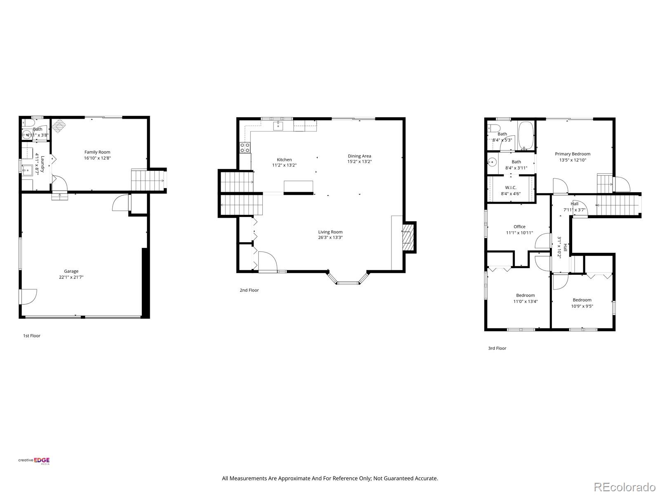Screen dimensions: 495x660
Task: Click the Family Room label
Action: [x=97, y=152]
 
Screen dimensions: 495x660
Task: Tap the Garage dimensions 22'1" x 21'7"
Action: [x=71, y=277]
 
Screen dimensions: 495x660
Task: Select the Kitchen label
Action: [x=284, y=160]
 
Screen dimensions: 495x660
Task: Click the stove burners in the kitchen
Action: [x=245, y=147]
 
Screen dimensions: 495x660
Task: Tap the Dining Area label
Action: [x=359, y=156]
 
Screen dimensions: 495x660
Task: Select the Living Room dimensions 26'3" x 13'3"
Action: [x=330, y=238]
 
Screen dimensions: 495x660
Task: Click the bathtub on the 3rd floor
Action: [x=526, y=136]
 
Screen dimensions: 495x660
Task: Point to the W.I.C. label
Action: [x=511, y=188]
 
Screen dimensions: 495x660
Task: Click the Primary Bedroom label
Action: [x=572, y=154]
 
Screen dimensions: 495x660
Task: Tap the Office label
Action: [x=519, y=226]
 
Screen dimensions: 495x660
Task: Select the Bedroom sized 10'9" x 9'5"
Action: [x=582, y=300]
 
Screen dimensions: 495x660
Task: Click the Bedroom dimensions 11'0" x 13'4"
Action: [x=525, y=302]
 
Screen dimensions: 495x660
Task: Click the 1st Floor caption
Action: [x=32, y=336]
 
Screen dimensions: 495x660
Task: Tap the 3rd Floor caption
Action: [x=497, y=348]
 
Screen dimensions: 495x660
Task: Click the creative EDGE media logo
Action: [x=34, y=461]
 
